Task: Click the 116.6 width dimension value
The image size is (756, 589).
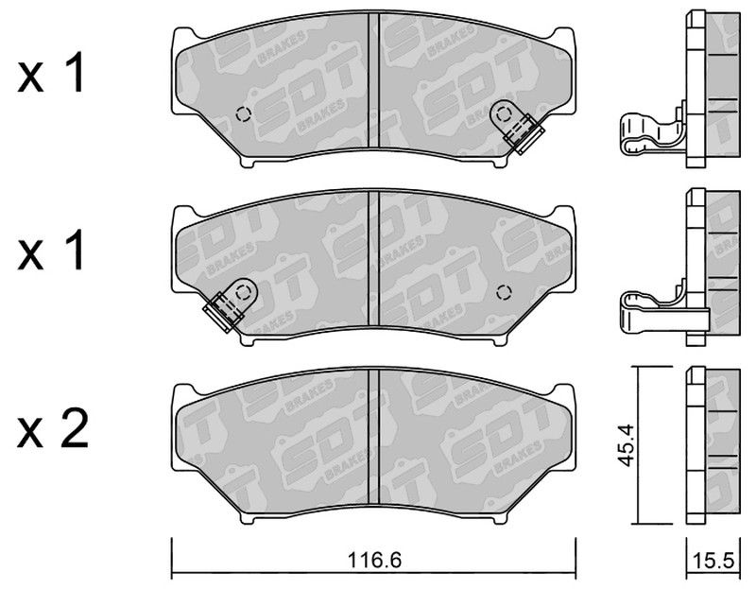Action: (374, 561)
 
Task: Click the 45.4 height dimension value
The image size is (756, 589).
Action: (626, 445)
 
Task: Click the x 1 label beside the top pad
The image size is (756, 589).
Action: (51, 73)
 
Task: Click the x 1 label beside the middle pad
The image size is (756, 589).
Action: (51, 250)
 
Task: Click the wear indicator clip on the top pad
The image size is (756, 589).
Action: (516, 126)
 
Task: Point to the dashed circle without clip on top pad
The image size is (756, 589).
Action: (244, 114)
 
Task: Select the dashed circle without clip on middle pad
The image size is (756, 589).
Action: (504, 292)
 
